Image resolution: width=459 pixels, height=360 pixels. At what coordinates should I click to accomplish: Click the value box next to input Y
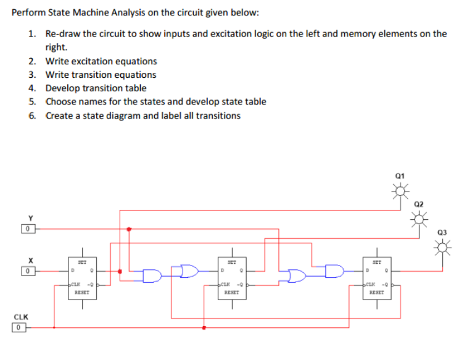pos(27,228)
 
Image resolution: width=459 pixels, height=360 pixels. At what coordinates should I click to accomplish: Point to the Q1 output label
pos(402,177)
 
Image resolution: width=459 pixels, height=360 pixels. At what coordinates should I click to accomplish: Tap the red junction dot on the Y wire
pos(129,229)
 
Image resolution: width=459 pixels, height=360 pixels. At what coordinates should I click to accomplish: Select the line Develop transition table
pos(96,88)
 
